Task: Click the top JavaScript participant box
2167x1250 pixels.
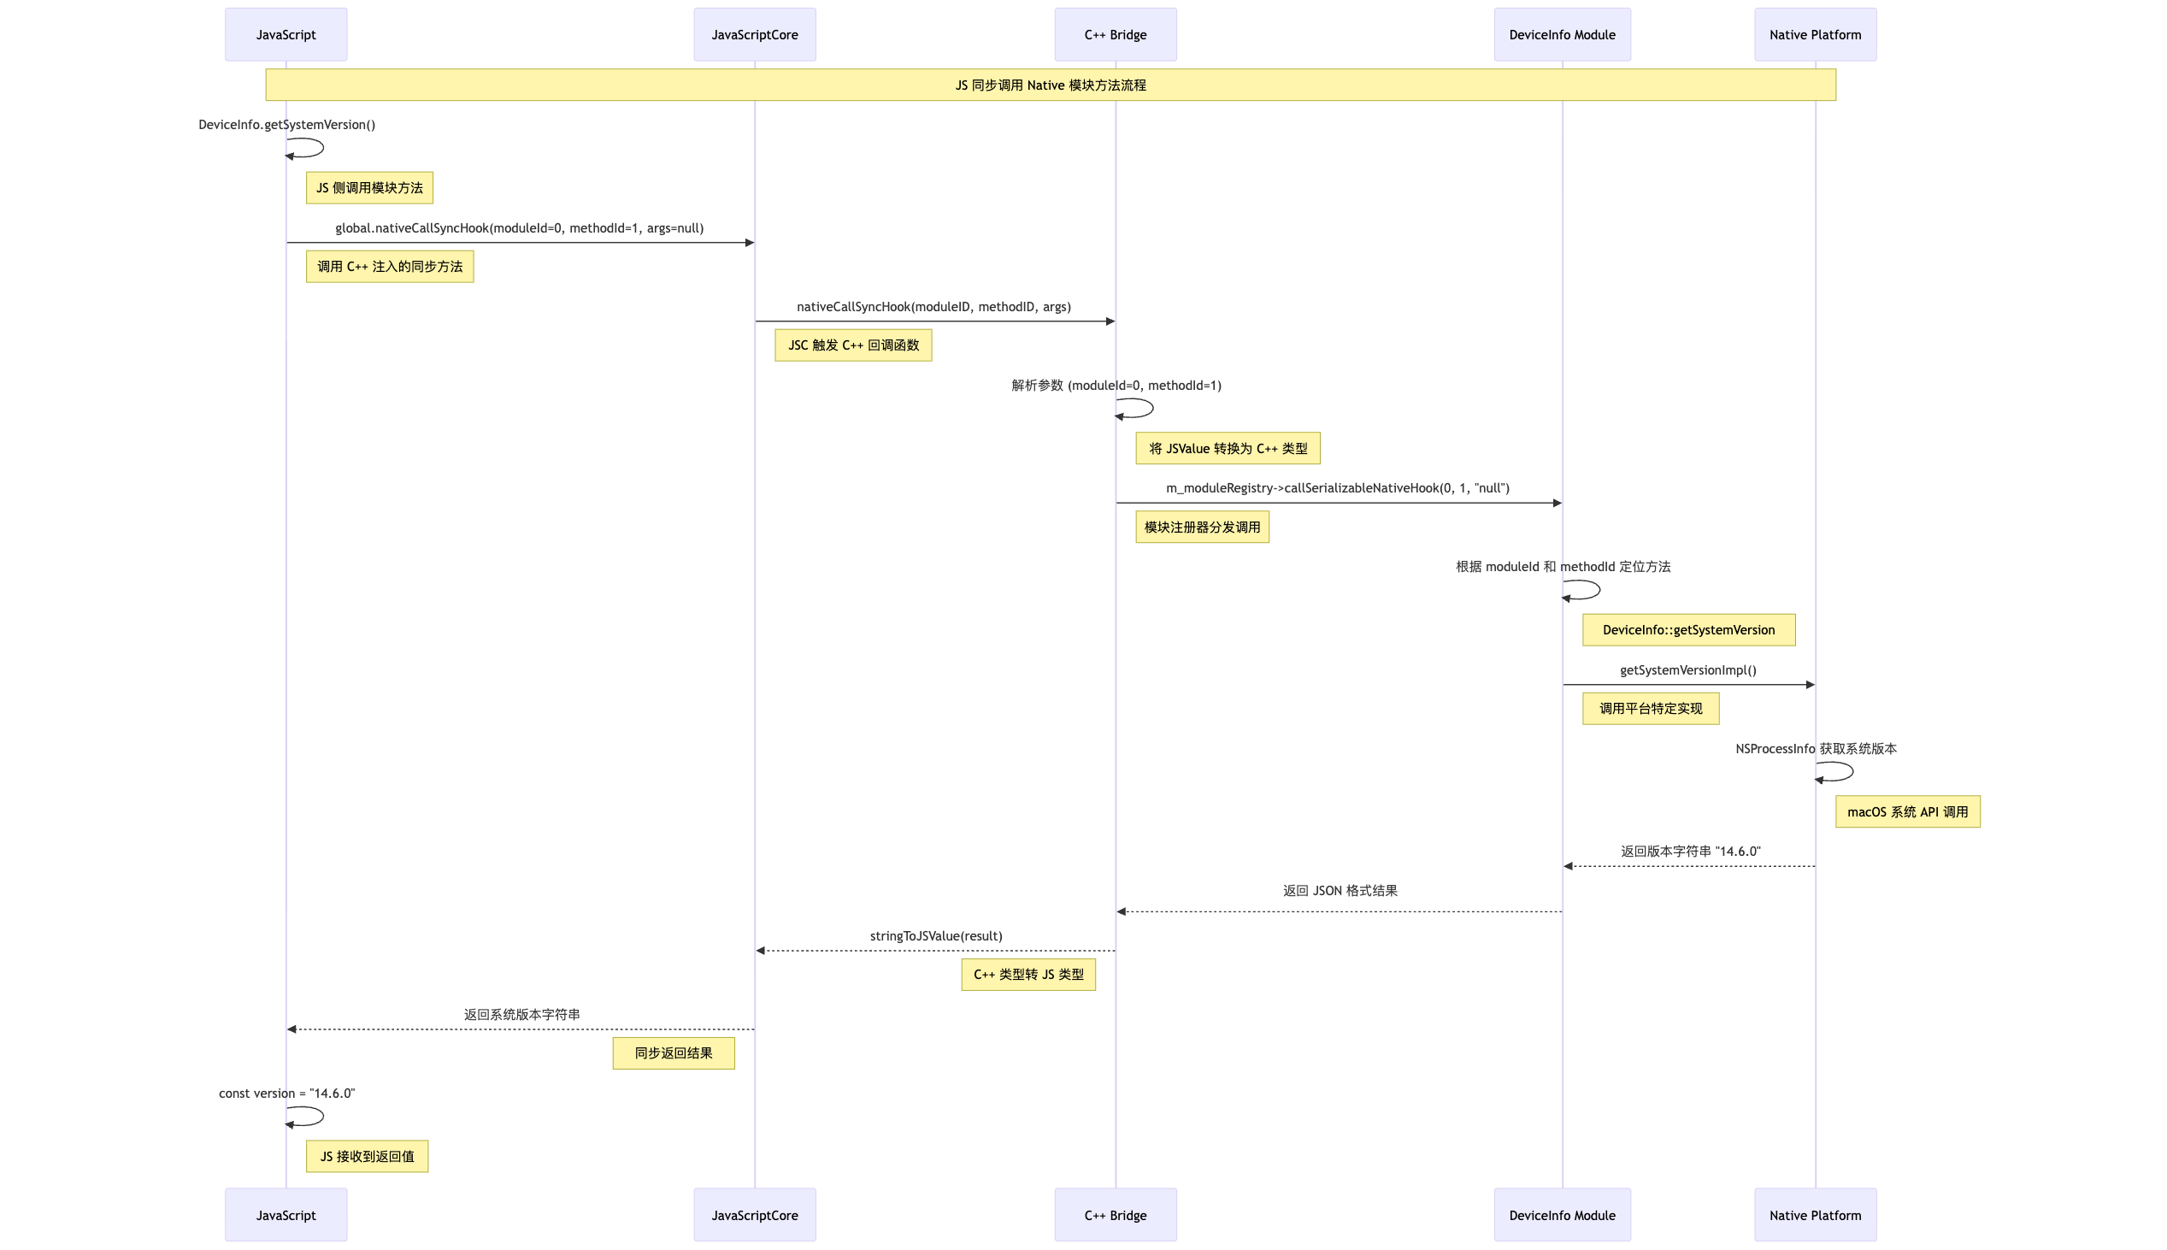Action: click(x=286, y=34)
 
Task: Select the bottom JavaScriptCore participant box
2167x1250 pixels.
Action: click(x=754, y=1215)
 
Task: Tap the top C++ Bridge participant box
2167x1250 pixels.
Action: click(x=1115, y=34)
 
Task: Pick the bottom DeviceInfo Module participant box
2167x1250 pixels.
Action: click(x=1562, y=1215)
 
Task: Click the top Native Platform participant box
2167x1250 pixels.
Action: click(x=1815, y=34)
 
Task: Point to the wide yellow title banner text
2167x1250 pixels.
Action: click(x=1051, y=85)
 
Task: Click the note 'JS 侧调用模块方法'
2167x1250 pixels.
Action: click(x=369, y=188)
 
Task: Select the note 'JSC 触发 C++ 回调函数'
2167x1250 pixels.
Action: click(x=853, y=345)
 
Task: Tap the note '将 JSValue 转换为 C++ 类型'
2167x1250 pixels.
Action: click(x=1228, y=448)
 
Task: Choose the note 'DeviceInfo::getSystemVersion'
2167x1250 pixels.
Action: click(x=1688, y=630)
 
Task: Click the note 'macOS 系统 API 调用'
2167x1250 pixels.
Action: click(x=1907, y=811)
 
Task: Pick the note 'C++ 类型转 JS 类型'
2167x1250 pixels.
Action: click(x=1028, y=975)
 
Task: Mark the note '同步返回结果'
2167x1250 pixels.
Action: click(x=673, y=1053)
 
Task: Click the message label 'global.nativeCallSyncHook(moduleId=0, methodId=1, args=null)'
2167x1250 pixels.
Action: click(x=519, y=228)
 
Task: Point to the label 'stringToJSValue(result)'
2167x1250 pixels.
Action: click(x=935, y=935)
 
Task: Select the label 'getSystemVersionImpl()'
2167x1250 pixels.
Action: click(x=1687, y=670)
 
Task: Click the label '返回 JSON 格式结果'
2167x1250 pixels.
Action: click(x=1340, y=891)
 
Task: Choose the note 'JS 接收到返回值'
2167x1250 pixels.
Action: click(x=367, y=1157)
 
